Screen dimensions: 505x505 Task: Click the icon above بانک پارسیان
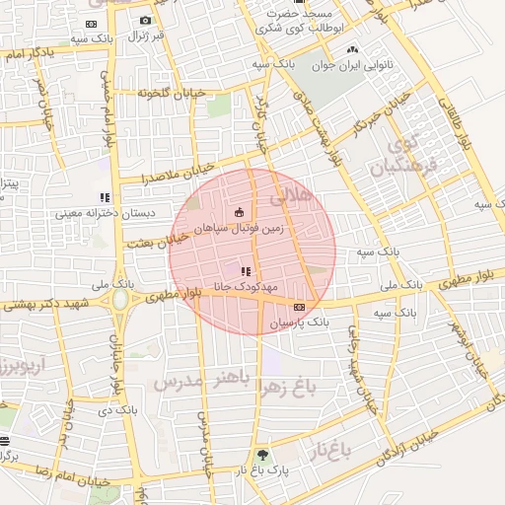click(299, 307)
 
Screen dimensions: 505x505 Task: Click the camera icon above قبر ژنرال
click(146, 21)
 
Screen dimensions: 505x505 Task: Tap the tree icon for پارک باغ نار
click(262, 455)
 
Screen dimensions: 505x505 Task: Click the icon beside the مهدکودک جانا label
click(246, 270)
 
